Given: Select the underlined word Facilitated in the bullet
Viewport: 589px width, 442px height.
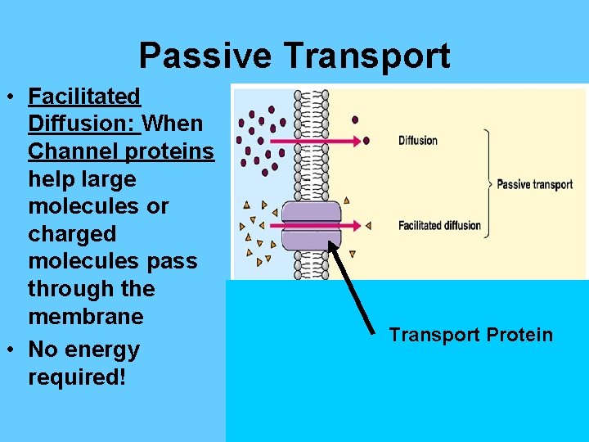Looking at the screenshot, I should point(84,97).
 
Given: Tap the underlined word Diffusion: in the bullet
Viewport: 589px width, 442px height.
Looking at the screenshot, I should point(84,124).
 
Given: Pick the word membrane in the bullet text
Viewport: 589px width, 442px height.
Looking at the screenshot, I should point(85,317).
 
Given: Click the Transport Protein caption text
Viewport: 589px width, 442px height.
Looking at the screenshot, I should point(470,335).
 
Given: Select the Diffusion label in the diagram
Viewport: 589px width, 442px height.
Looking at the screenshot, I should point(418,141).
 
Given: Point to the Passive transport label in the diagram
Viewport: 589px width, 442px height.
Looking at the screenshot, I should point(534,184).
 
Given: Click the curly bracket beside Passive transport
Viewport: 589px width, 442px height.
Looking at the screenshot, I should point(487,183).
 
